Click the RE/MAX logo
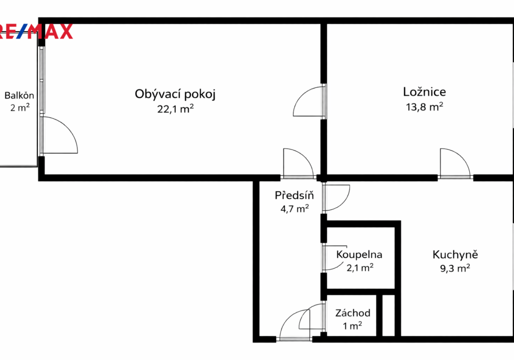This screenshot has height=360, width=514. pyautogui.click(x=36, y=31)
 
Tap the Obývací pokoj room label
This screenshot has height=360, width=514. pyautogui.click(x=175, y=94)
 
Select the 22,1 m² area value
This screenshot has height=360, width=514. pyautogui.click(x=175, y=108)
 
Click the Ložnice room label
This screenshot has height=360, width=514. pyautogui.click(x=425, y=92)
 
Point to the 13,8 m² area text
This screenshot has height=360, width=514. pyautogui.click(x=425, y=106)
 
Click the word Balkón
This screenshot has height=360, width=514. pyautogui.click(x=20, y=96)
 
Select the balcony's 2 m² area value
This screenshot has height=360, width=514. pyautogui.click(x=20, y=107)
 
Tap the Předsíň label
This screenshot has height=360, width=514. pyautogui.click(x=294, y=195)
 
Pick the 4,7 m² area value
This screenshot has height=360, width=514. pyautogui.click(x=295, y=208)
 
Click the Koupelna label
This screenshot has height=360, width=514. pyautogui.click(x=359, y=255)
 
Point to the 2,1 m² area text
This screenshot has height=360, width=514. pyautogui.click(x=360, y=267)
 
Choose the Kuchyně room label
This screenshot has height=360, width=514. pyautogui.click(x=455, y=255)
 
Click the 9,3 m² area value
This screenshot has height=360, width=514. pyautogui.click(x=455, y=268)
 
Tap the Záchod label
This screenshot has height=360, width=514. pyautogui.click(x=353, y=313)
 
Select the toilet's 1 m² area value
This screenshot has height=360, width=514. pyautogui.click(x=353, y=326)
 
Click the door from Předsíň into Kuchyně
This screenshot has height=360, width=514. pyautogui.click(x=336, y=197)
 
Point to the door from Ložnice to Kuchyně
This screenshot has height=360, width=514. pyautogui.click(x=455, y=163)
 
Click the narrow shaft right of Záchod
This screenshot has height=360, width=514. pyautogui.click(x=389, y=315)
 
